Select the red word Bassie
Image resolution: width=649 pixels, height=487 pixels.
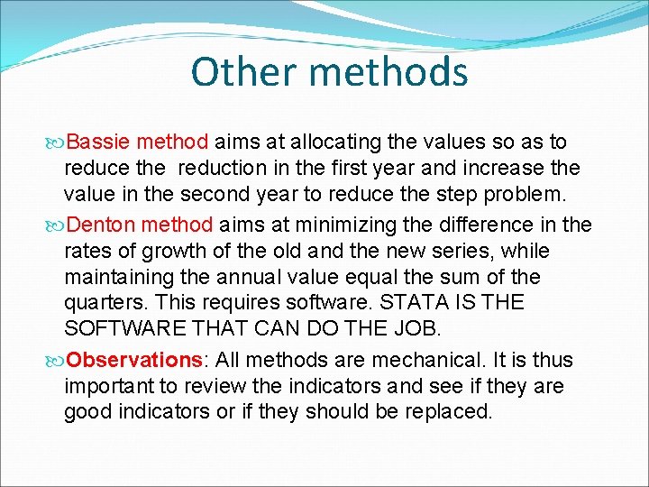point(99,142)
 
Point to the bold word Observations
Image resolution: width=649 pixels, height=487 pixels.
point(135,360)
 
